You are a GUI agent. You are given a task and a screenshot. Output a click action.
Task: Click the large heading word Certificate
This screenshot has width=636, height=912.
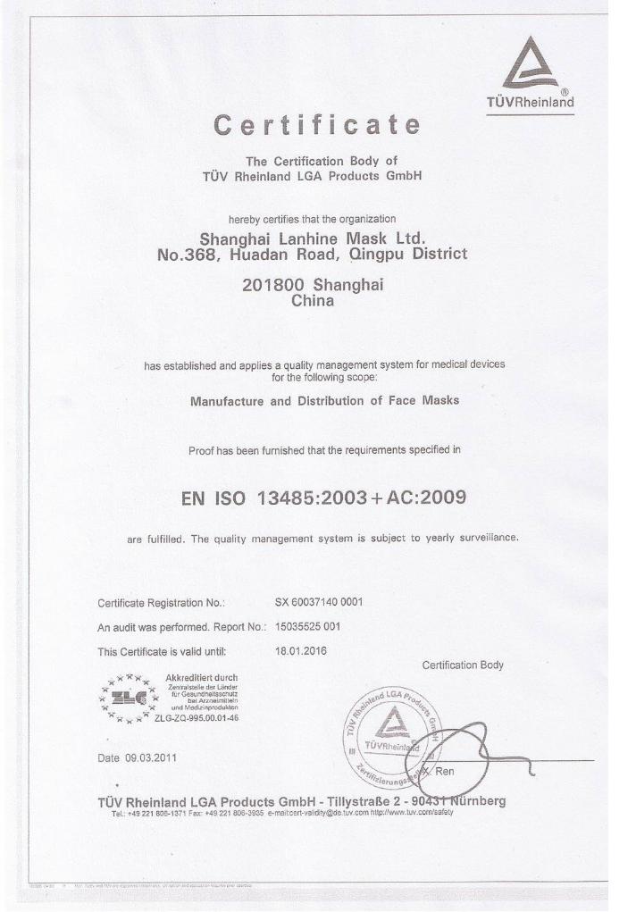pos(317,126)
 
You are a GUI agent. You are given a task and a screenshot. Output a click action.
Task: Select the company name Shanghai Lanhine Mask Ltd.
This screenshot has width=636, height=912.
pos(312,238)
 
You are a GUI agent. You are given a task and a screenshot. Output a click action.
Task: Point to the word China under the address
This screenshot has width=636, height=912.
pos(313,301)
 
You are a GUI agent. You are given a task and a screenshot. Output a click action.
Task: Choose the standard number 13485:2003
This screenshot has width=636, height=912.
pos(312,498)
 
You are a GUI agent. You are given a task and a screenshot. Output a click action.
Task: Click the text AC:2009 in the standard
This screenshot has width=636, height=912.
pos(431,498)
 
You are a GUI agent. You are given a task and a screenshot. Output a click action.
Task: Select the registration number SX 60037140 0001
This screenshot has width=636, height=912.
pos(319,602)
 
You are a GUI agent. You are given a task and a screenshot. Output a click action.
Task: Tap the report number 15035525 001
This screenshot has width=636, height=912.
pos(308,626)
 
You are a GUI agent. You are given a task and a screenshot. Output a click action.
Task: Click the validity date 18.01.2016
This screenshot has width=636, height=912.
pos(301,650)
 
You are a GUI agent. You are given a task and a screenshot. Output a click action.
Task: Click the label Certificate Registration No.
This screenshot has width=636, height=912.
pos(161,603)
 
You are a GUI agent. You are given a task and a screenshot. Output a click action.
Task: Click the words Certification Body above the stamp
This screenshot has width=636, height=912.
pos(462,665)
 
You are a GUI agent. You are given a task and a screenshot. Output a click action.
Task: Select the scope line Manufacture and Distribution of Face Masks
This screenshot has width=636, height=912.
pos(324,401)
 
